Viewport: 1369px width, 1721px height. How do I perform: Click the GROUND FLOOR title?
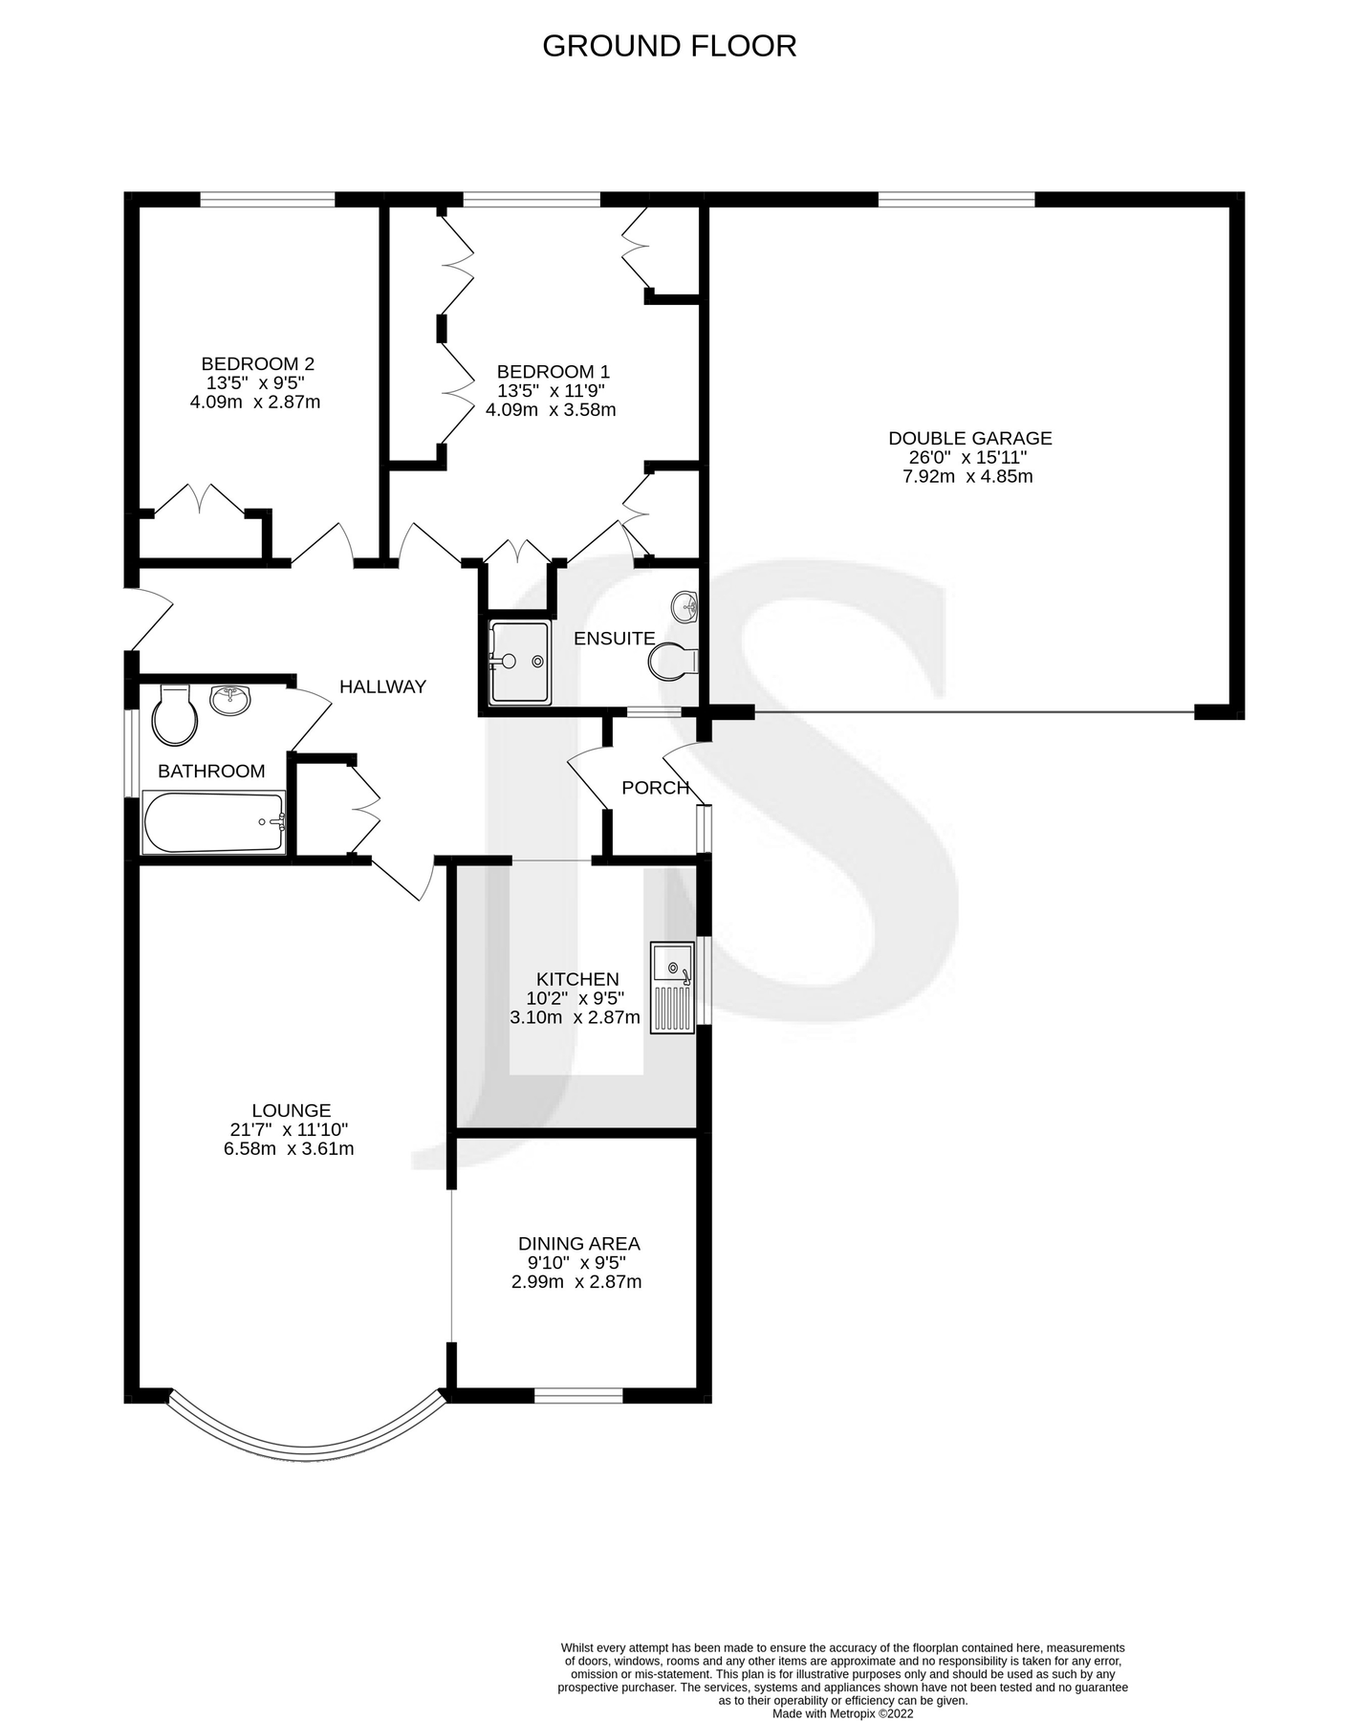click(669, 46)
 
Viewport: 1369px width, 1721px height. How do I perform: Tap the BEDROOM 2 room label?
click(257, 364)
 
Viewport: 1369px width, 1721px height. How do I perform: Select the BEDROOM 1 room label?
click(553, 372)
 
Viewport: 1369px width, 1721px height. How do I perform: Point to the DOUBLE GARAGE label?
click(969, 438)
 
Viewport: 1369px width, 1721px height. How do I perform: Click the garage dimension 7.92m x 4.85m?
click(967, 476)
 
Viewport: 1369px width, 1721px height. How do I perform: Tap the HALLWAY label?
click(382, 686)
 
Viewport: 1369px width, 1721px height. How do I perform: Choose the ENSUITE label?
click(614, 639)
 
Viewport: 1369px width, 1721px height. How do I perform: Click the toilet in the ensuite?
click(675, 661)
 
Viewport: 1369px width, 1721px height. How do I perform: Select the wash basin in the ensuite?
click(685, 605)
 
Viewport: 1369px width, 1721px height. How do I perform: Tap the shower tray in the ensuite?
click(519, 662)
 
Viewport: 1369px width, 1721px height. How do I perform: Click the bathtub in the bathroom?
click(213, 821)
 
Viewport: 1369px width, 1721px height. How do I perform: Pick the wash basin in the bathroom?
click(230, 700)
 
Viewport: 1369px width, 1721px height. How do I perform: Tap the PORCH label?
click(655, 788)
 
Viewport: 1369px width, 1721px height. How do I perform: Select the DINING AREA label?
click(578, 1244)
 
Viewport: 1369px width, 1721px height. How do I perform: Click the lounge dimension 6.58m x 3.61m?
click(289, 1148)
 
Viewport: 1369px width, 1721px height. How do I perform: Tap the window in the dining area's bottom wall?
click(578, 1395)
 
